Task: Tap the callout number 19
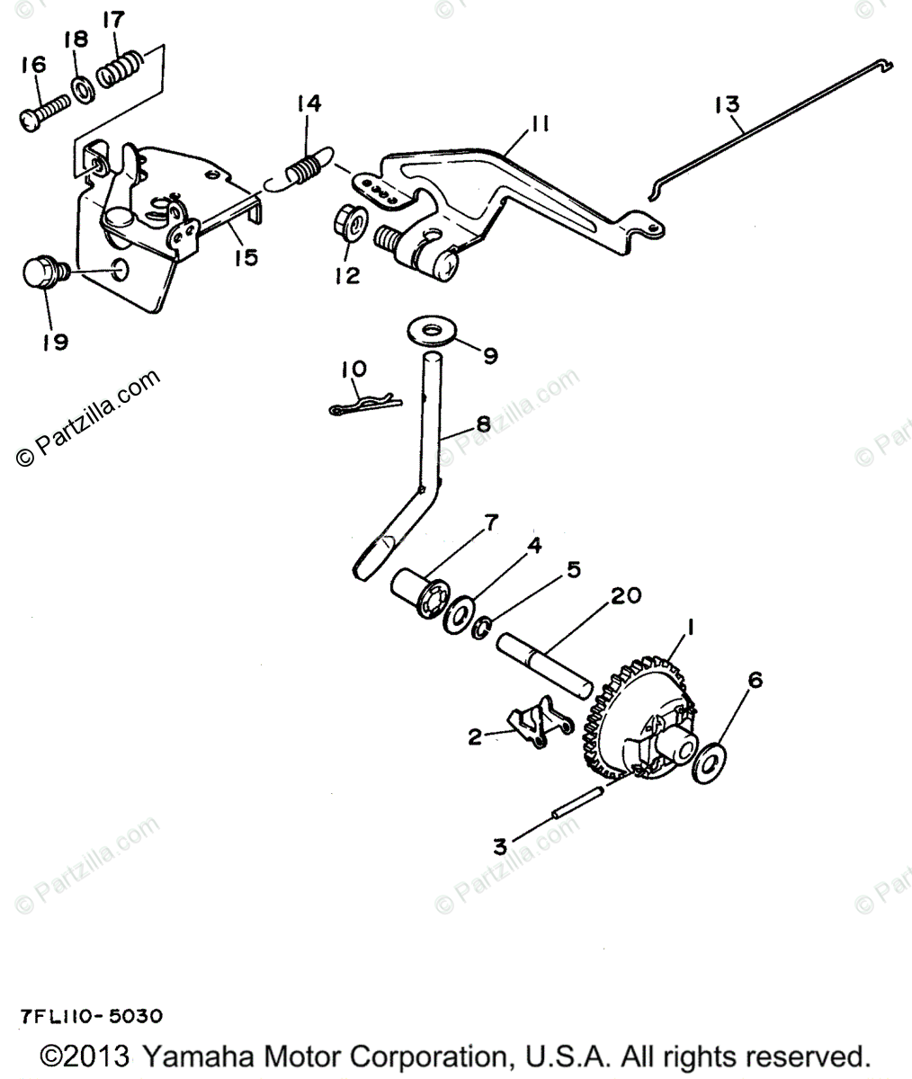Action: click(54, 342)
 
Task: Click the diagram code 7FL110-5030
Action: click(91, 1017)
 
